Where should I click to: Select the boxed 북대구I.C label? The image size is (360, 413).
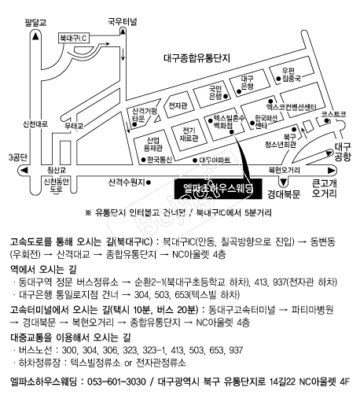coord(75,36)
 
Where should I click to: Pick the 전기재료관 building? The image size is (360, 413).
coord(189,132)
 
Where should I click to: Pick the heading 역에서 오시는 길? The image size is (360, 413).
coord(43,267)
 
